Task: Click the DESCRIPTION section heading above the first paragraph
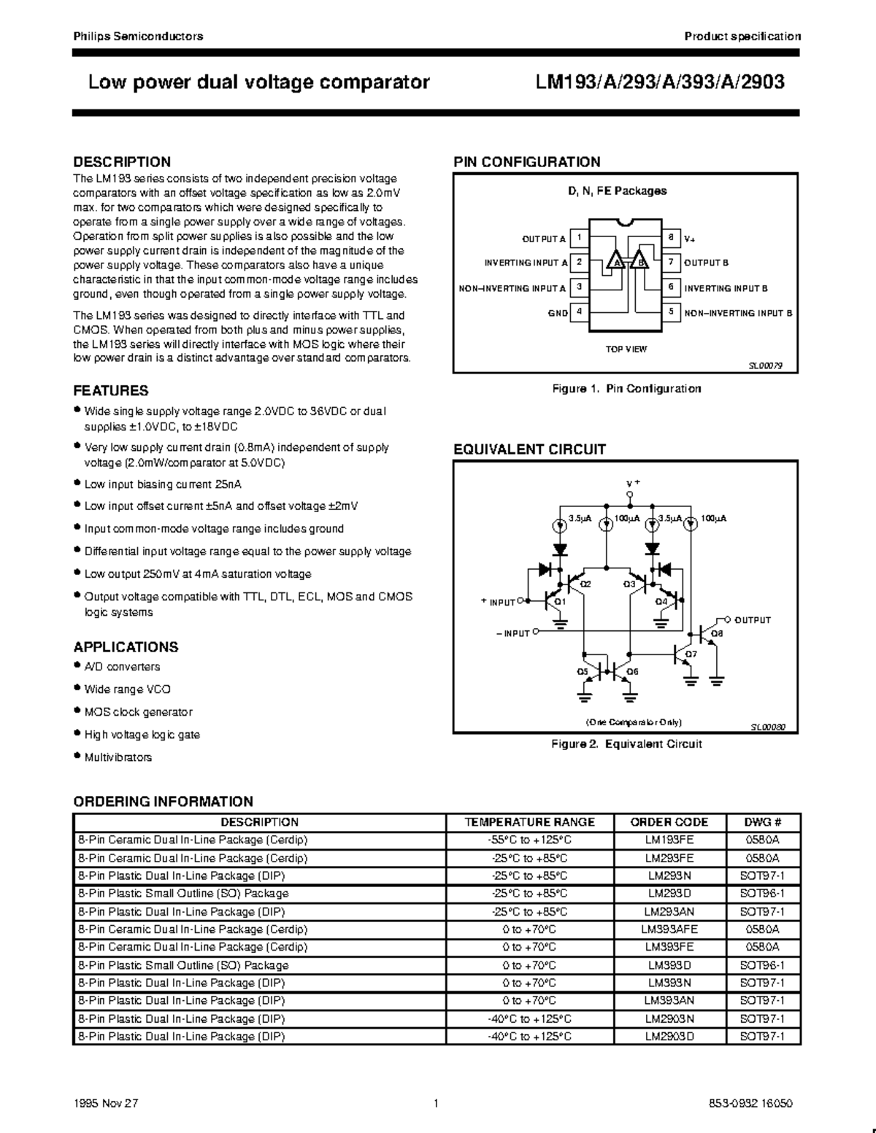point(122,162)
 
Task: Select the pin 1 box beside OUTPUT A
point(579,238)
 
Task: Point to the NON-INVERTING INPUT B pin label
point(738,313)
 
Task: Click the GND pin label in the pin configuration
point(558,313)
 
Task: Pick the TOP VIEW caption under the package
point(626,349)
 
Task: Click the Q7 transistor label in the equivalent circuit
point(691,654)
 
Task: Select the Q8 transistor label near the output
point(717,633)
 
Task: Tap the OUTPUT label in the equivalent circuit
point(752,620)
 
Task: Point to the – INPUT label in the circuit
point(512,633)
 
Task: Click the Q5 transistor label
point(582,671)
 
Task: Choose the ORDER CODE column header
point(669,822)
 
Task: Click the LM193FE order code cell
point(669,840)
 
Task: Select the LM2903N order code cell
point(669,1018)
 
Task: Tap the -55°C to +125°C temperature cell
point(529,840)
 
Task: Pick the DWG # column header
point(763,822)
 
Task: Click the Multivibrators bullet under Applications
point(118,757)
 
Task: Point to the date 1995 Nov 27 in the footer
point(106,1103)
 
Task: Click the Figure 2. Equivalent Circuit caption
point(626,744)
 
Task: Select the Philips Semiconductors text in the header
point(138,36)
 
